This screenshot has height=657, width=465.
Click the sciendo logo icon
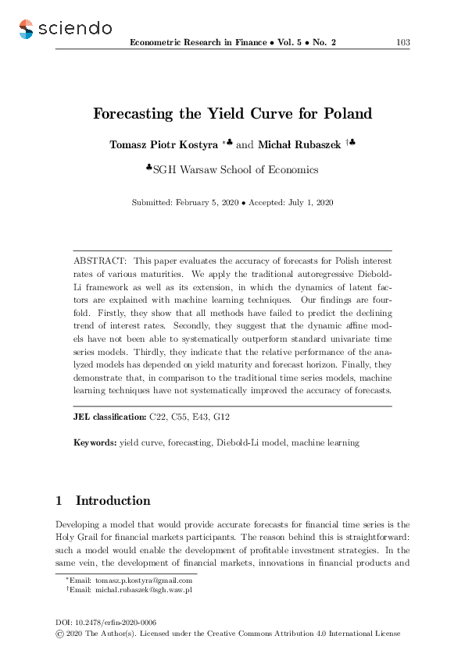27,29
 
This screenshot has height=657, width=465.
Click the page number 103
403,42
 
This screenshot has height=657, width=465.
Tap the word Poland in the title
345,114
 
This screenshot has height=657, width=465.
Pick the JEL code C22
157,417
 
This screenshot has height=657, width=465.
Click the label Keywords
95,442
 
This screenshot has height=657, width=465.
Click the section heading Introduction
113,501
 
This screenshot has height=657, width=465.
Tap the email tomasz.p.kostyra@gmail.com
144,581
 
